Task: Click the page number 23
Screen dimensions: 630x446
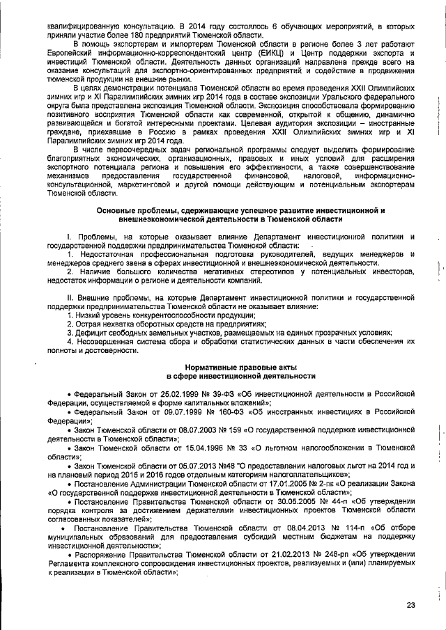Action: point(410,605)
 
